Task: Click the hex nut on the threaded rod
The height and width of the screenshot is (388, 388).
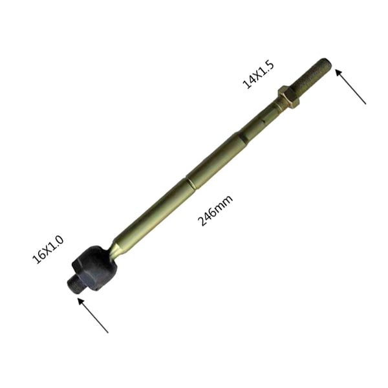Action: click(288, 97)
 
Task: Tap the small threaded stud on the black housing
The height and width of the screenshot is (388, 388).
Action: click(75, 284)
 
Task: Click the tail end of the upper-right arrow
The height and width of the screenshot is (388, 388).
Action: click(365, 103)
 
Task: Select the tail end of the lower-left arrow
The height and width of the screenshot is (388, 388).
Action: click(108, 332)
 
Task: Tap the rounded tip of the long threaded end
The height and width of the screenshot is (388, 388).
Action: click(327, 64)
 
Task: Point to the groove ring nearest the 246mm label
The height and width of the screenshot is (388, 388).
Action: click(191, 184)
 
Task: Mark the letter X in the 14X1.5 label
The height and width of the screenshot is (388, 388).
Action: click(256, 75)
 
